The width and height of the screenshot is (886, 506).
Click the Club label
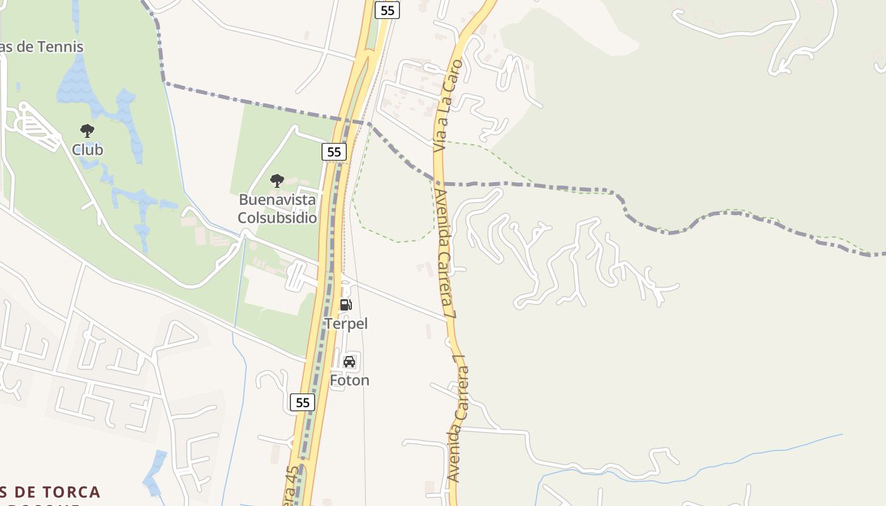(x=87, y=150)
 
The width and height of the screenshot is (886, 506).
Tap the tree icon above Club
(x=87, y=132)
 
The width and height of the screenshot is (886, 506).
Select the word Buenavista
(x=277, y=200)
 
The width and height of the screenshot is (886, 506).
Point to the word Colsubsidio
(x=277, y=218)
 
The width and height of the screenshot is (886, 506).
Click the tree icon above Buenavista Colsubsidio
(x=277, y=181)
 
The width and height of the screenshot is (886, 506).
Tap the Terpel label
(x=346, y=324)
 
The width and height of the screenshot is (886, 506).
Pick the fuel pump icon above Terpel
(x=346, y=305)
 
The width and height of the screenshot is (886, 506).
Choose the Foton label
(x=349, y=380)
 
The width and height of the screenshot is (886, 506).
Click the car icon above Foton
(x=349, y=362)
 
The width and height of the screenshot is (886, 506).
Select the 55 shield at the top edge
(x=387, y=9)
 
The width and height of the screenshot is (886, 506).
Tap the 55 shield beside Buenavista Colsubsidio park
(x=334, y=152)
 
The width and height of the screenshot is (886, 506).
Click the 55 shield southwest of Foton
(x=303, y=402)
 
